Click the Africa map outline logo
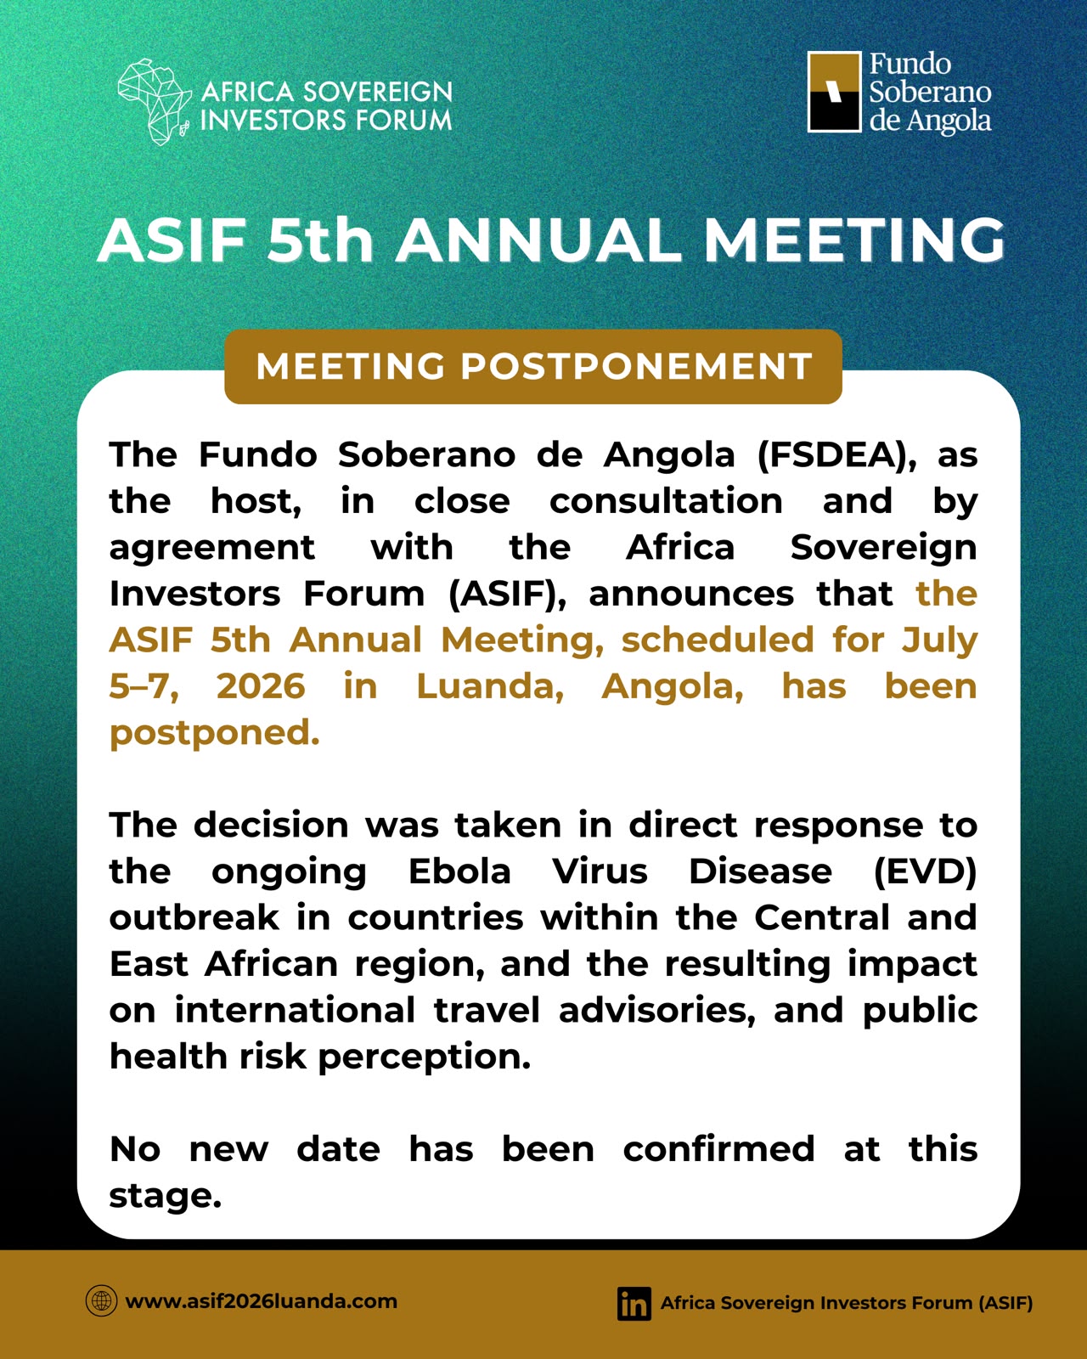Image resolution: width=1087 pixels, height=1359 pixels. (x=155, y=102)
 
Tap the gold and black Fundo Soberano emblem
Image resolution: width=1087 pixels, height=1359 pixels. (x=834, y=92)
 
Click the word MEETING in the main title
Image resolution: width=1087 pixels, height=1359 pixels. (x=853, y=240)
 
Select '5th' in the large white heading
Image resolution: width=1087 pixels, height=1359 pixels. (x=320, y=240)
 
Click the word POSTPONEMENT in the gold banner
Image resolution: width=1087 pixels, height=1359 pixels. (x=636, y=366)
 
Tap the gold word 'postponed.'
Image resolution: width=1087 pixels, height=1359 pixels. (x=215, y=733)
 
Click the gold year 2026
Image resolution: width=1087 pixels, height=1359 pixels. (x=261, y=686)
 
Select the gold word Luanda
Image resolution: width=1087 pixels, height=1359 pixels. (x=490, y=687)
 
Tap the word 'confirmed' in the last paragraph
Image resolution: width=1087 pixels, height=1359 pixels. (x=719, y=1148)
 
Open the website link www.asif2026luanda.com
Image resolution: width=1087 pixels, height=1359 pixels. (x=262, y=1301)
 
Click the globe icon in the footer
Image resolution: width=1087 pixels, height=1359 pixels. (x=101, y=1301)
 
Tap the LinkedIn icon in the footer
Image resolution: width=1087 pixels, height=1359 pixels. (x=634, y=1304)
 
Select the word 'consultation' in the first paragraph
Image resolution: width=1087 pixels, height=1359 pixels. (x=667, y=501)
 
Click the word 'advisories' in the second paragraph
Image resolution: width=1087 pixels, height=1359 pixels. (x=657, y=1011)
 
